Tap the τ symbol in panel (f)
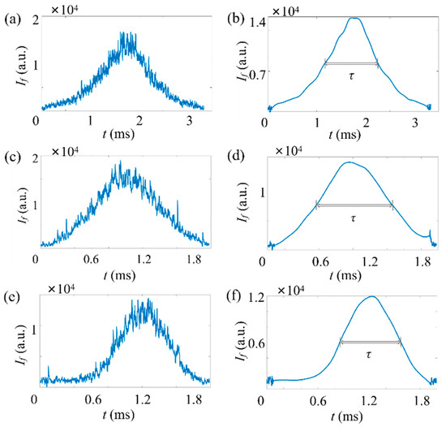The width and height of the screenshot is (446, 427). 370,355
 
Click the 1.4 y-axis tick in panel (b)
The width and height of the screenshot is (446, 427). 256,19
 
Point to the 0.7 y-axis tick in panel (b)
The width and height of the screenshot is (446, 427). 256,72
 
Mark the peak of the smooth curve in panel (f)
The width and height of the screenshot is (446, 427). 371,296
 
